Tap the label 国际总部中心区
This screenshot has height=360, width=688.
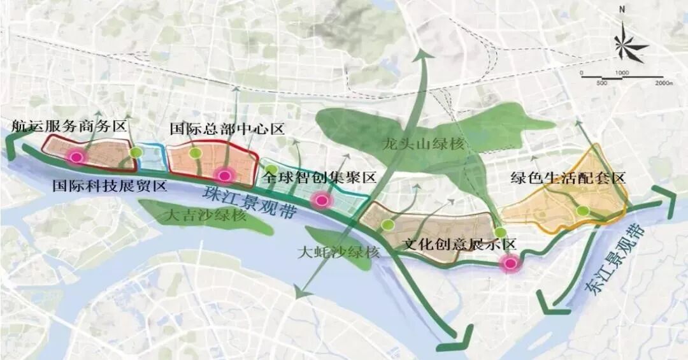[x=226, y=129]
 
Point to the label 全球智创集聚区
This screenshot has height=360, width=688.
[x=319, y=178]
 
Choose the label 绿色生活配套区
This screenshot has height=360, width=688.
[x=568, y=178]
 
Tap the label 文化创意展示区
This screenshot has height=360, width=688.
[x=459, y=244]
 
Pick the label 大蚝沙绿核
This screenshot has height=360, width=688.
[x=338, y=252]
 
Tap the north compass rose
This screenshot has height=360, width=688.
[x=629, y=45]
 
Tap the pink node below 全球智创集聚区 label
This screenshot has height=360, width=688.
[x=322, y=200]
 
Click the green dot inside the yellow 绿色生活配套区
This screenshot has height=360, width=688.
[x=581, y=212]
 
